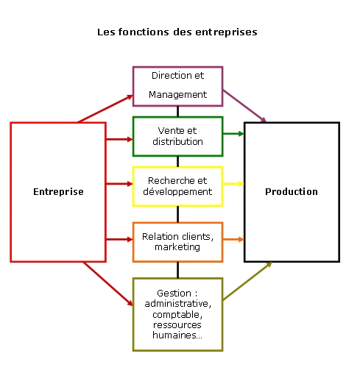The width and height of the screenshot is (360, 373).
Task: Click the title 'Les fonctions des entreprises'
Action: coord(177,32)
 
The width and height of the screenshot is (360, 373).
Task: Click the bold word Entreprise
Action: coord(58,192)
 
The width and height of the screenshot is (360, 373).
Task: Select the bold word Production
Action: coord(292,192)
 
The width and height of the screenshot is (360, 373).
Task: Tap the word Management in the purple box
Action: coord(177,95)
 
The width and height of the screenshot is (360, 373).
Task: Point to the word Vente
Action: coord(168,131)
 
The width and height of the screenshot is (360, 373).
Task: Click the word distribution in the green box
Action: coord(177,142)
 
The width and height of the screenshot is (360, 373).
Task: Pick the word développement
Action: coord(177,192)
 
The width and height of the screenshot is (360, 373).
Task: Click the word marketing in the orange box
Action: coord(177,247)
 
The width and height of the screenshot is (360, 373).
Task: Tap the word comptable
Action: coord(177,315)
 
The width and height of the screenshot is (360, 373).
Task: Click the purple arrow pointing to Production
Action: coord(244,106)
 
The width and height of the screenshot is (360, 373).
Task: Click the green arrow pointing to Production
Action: coord(233,134)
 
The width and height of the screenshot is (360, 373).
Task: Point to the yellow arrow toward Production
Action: coord(233,184)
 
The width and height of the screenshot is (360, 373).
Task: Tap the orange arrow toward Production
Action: coord(233,239)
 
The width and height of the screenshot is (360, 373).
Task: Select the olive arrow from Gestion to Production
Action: coord(247,281)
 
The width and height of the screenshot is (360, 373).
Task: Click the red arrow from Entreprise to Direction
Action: coord(105,109)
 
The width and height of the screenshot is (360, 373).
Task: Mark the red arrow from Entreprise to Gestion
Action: coord(108,284)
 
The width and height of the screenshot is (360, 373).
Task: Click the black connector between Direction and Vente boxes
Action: coord(177,112)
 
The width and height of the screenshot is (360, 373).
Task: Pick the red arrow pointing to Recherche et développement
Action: coord(119,184)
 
